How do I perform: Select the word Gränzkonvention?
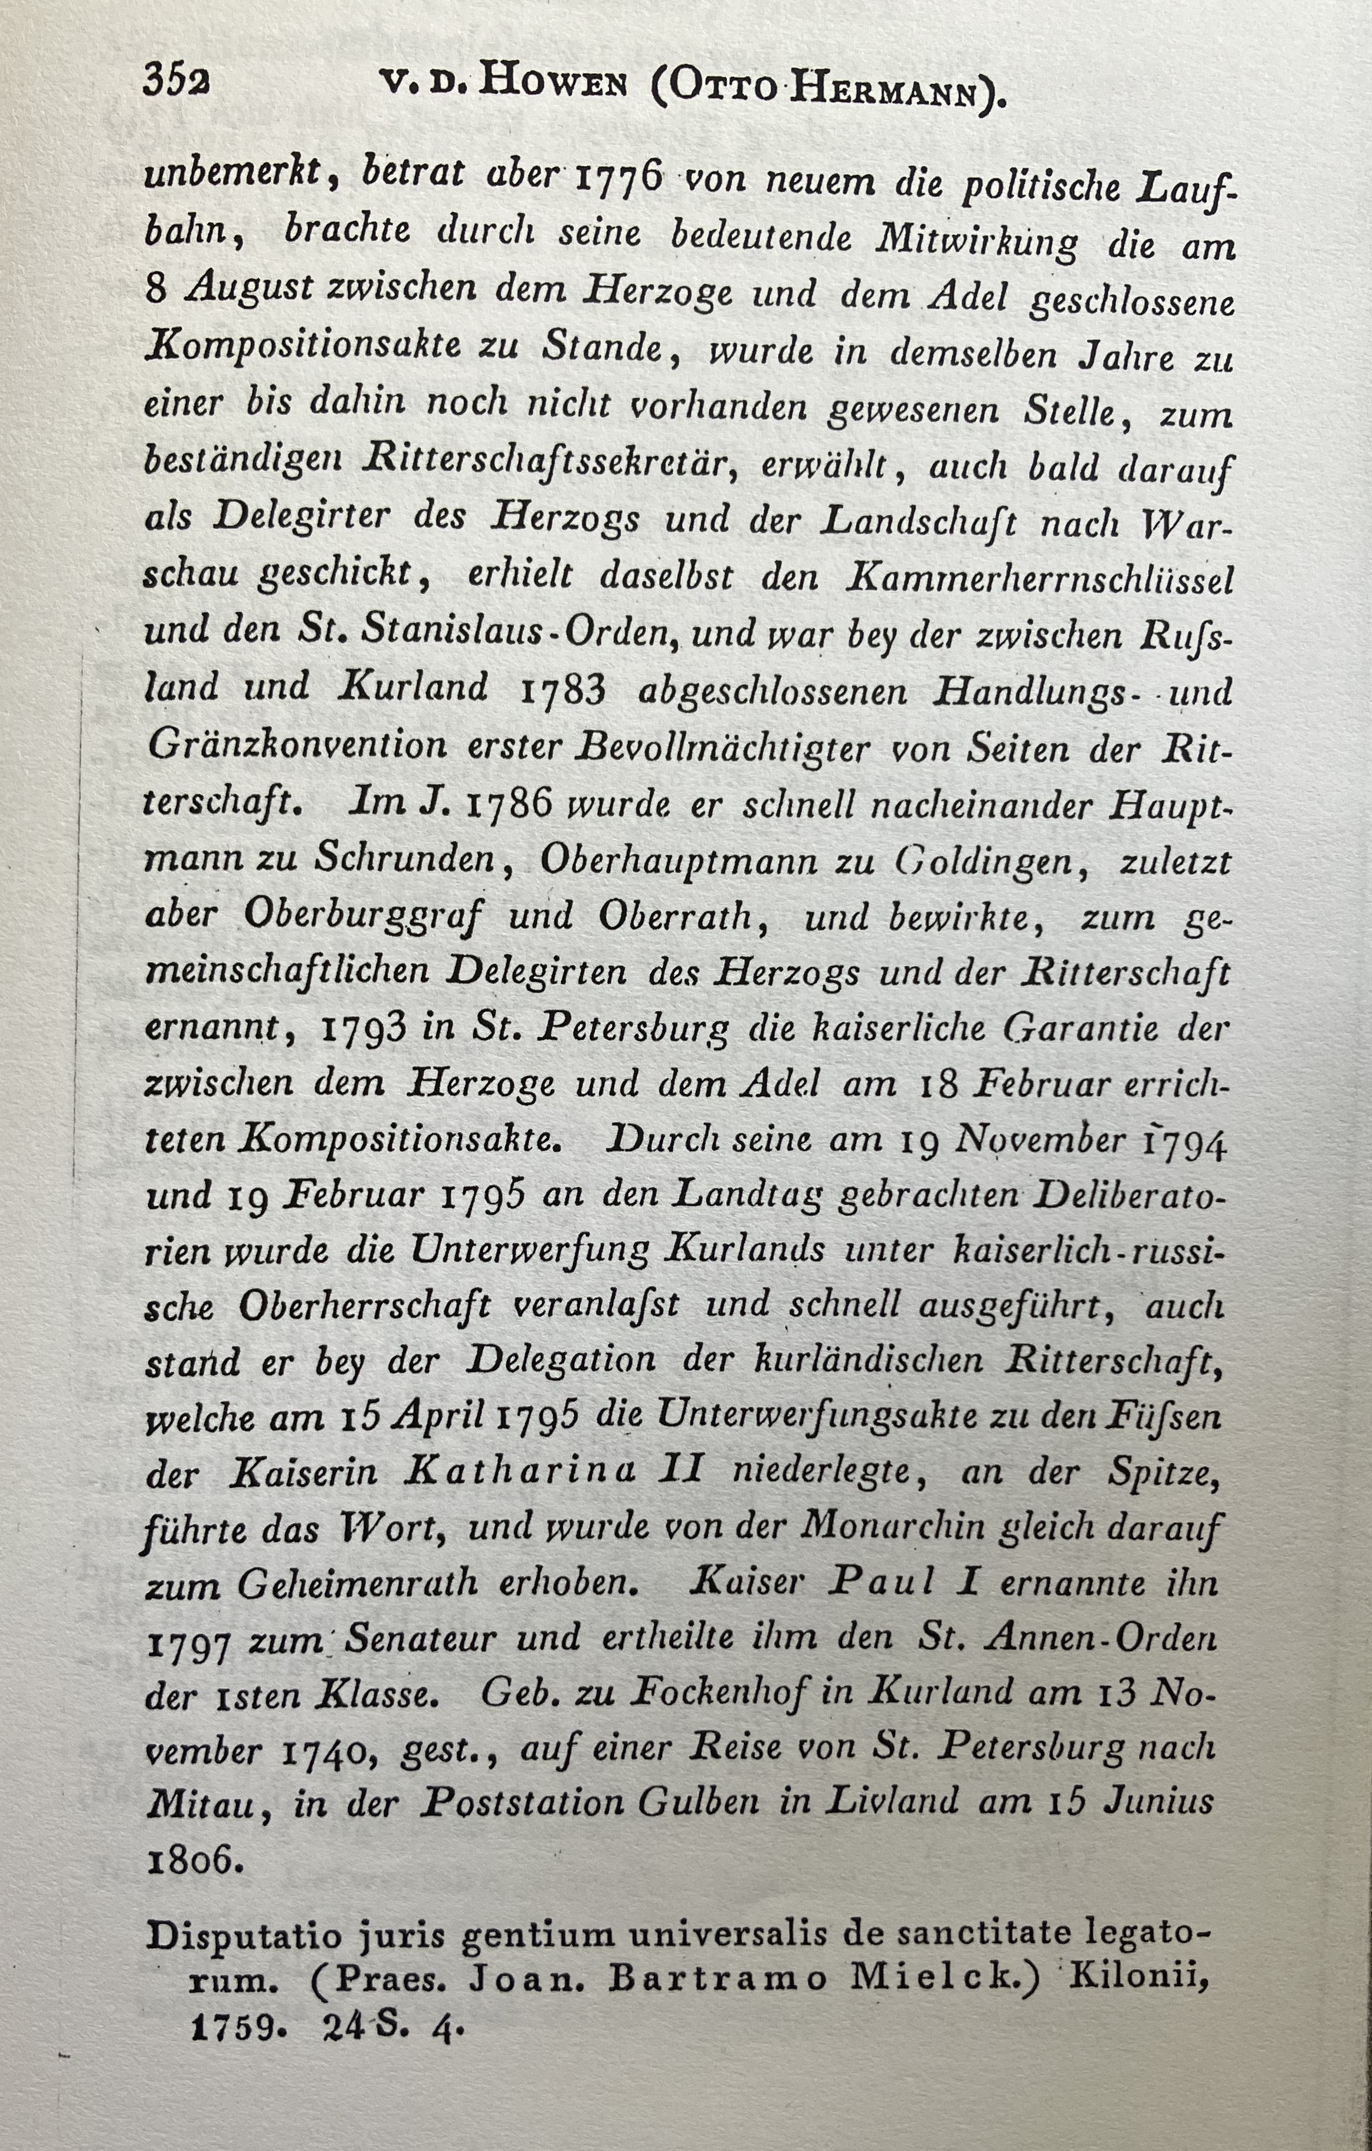297,745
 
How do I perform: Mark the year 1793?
363,1028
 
